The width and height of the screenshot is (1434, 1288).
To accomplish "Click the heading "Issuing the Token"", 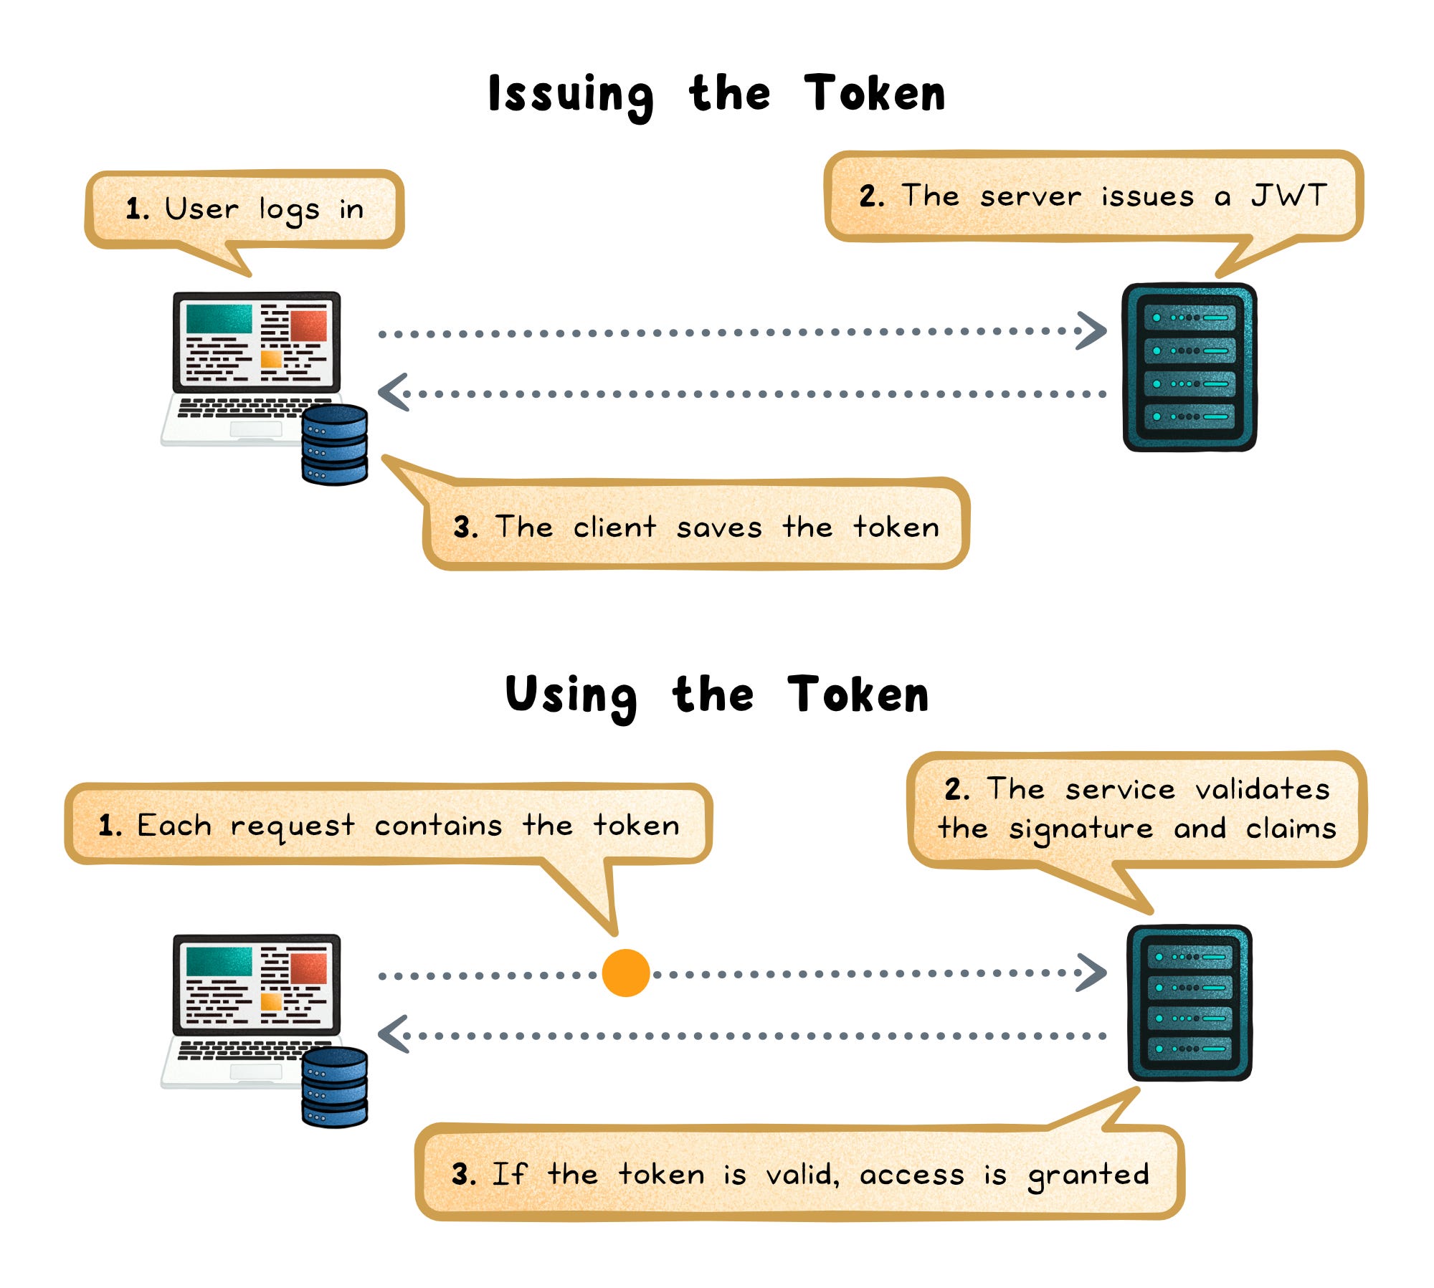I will click(717, 95).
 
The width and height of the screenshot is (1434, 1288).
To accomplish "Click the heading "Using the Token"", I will click(717, 695).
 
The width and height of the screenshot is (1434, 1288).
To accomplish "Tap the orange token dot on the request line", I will click(625, 973).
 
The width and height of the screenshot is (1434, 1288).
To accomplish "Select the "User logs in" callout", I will click(244, 209).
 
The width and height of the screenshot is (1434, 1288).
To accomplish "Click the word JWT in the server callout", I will click(1288, 196).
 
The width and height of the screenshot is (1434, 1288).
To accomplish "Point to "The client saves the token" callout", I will click(695, 528).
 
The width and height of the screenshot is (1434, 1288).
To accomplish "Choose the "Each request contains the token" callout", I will click(388, 825).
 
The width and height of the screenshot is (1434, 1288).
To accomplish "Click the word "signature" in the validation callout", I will click(1081, 829).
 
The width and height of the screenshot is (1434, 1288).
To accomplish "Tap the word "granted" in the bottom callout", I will click(1088, 1174).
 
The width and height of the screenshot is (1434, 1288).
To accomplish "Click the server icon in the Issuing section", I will click(1190, 367).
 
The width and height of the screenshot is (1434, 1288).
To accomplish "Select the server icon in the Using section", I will click(1190, 1003).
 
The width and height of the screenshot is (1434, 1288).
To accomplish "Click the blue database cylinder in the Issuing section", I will click(334, 444).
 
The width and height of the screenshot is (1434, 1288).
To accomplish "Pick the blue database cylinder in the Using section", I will click(334, 1087).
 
